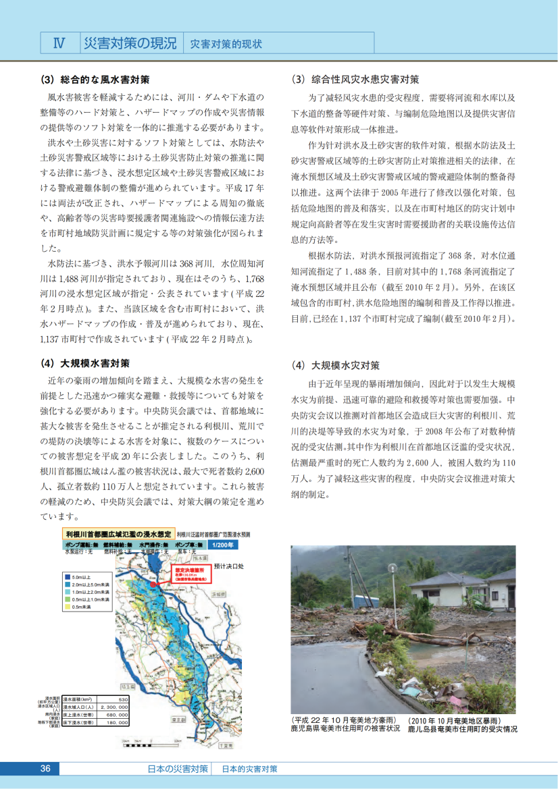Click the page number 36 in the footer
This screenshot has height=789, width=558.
tap(46, 769)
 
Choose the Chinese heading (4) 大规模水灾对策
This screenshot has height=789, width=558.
tap(335, 366)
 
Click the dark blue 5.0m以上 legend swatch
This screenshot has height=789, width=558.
tap(68, 577)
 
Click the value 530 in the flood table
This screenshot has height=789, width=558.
tap(123, 699)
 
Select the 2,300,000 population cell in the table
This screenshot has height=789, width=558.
tap(113, 707)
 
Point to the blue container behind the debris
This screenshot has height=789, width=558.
tap(366, 601)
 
